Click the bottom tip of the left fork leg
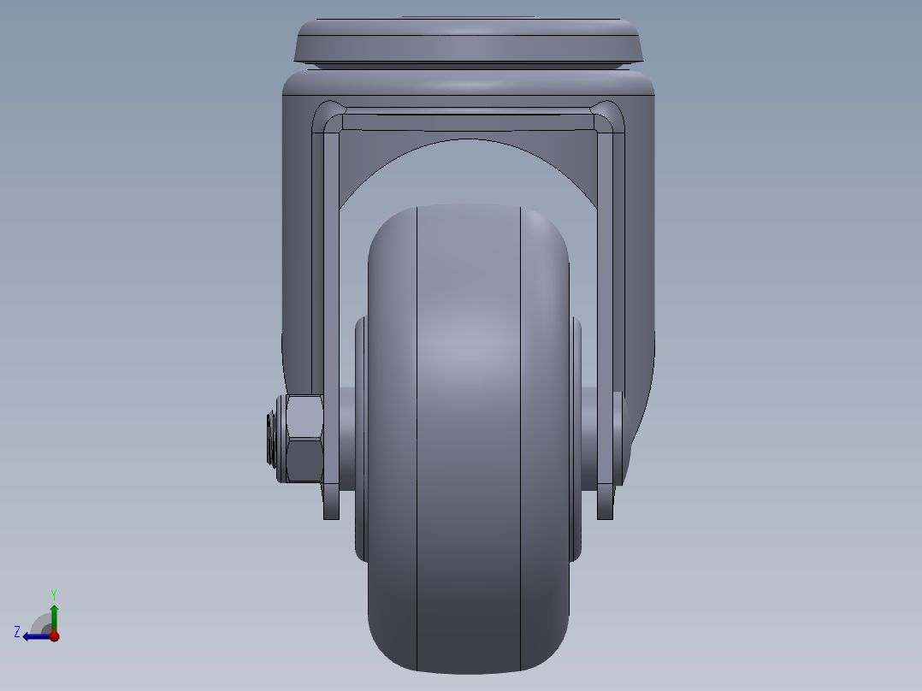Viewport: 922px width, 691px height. pos(331,511)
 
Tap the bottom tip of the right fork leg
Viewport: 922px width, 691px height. pos(605,511)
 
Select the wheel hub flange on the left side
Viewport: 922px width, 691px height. pos(360,436)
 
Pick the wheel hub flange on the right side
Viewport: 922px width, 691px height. pos(576,436)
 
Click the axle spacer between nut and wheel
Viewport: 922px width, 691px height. pos(346,438)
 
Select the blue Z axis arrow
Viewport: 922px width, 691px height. pos(34,635)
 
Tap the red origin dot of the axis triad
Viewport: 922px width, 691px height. pos(54,635)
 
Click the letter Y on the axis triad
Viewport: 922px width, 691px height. pos(53,594)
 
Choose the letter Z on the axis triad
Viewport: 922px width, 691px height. pos(17,631)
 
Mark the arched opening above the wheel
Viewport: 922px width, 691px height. pos(468,171)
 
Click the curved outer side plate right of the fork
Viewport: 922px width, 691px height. pos(640,257)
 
